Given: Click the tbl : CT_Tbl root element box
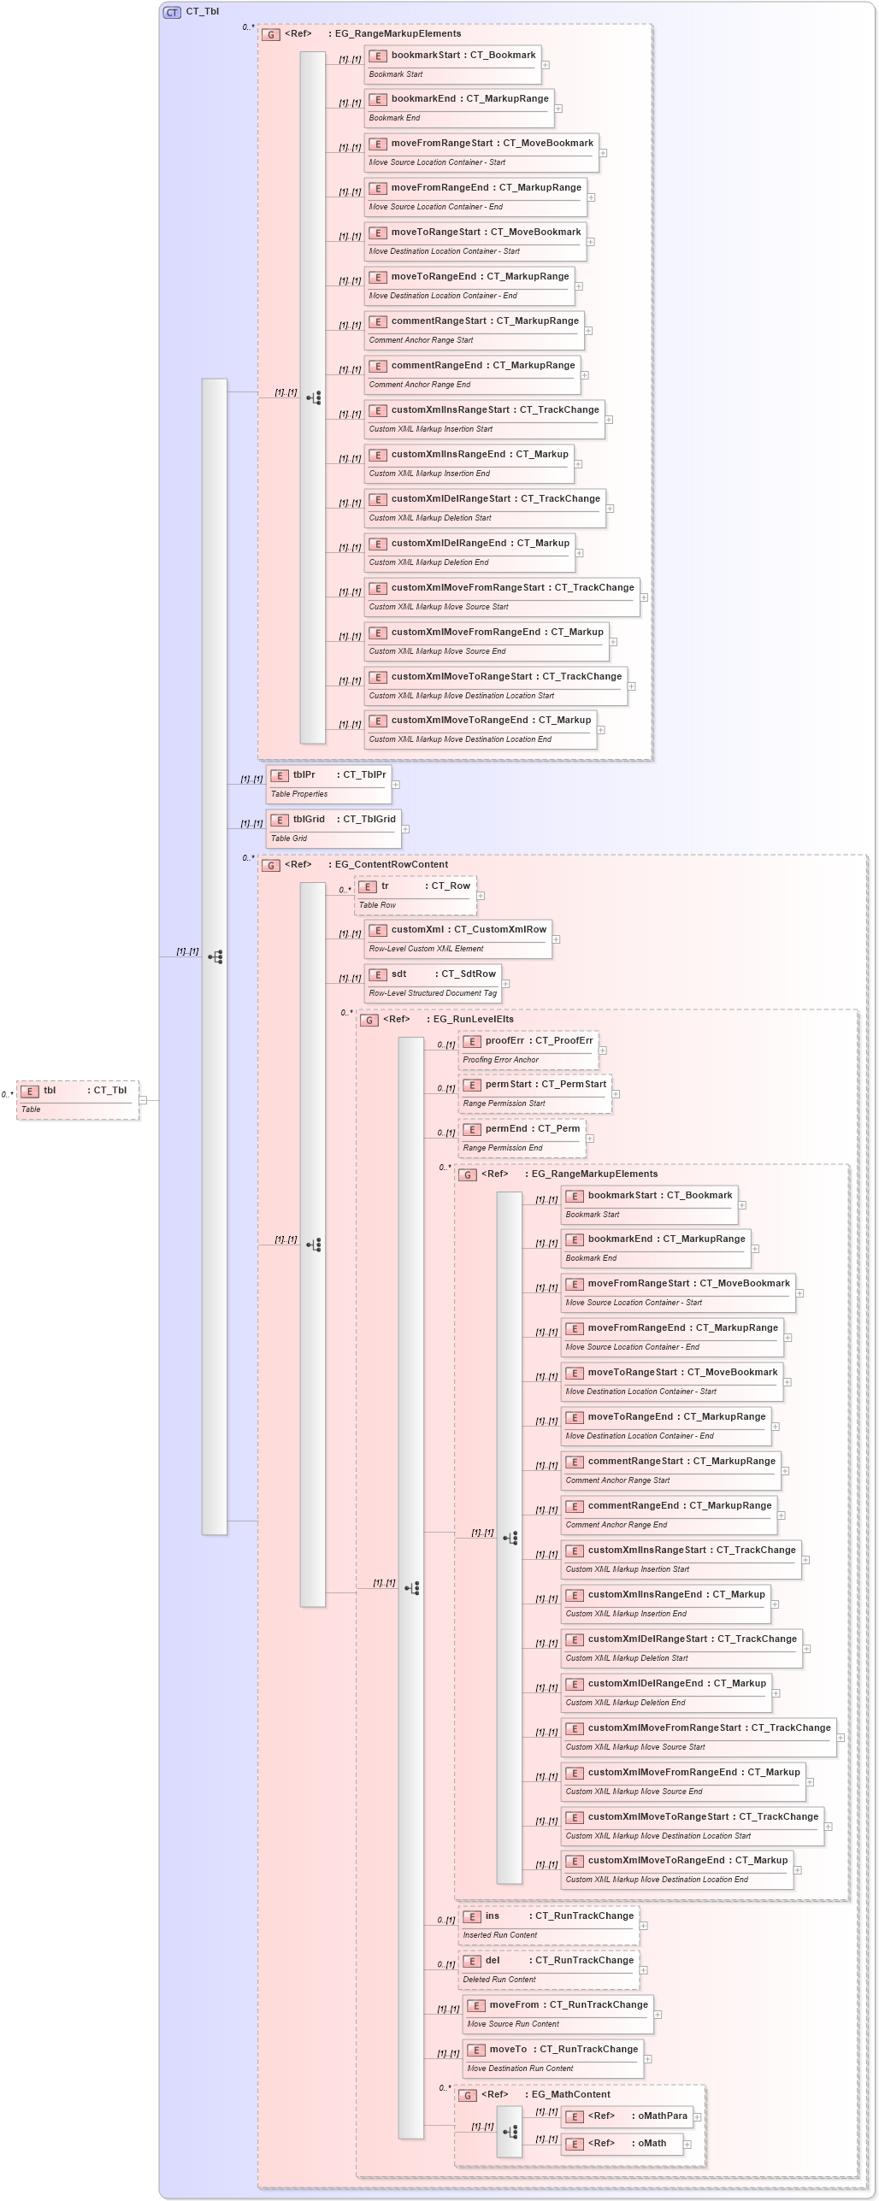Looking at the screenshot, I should [x=77, y=1099].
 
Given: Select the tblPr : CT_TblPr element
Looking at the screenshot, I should [x=328, y=783].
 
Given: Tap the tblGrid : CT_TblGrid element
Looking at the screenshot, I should [x=333, y=827].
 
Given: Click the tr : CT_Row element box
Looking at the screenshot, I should [x=415, y=894].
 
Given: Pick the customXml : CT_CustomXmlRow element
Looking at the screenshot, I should [x=457, y=938].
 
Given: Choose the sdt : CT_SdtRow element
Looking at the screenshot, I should [x=433, y=982].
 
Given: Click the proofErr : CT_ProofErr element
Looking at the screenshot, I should [x=528, y=1049].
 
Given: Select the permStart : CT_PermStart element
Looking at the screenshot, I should [x=534, y=1092].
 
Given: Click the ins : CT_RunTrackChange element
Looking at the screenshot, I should [x=548, y=1924].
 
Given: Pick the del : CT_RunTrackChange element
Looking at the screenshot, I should [x=548, y=1969].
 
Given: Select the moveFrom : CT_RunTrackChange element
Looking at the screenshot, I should [x=557, y=2013].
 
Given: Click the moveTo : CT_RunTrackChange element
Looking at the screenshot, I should [x=552, y=2057].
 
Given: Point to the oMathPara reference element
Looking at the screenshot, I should [x=626, y=2116].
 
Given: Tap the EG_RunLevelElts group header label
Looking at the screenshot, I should [x=473, y=1019].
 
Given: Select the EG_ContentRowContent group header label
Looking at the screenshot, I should [x=391, y=864].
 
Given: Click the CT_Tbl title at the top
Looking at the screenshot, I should [x=202, y=12].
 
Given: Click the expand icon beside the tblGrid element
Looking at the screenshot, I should [x=405, y=828].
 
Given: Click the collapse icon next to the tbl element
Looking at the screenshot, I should [x=143, y=1100].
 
